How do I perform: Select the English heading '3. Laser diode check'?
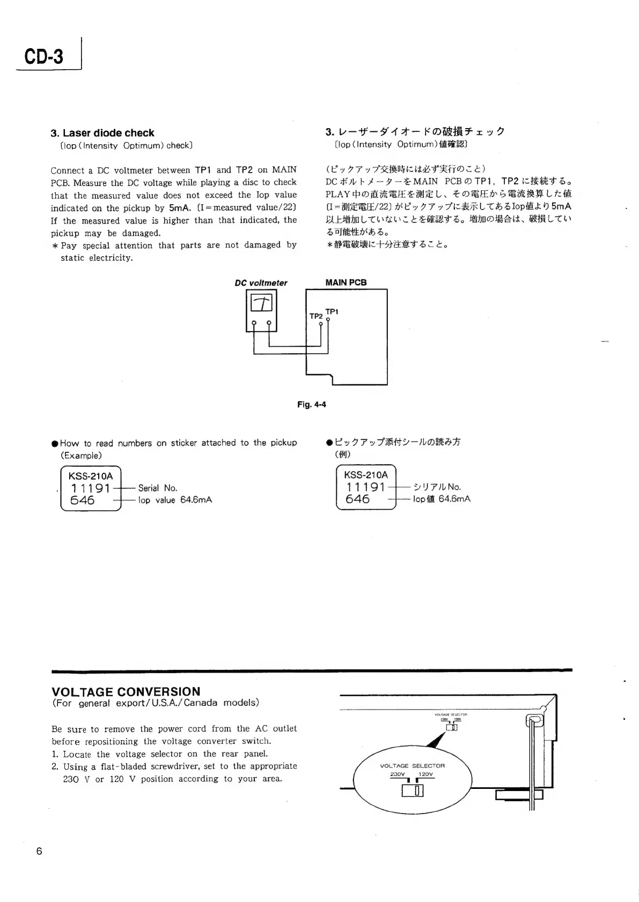pyautogui.click(x=102, y=133)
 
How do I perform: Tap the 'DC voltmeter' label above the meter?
pyautogui.click(x=261, y=283)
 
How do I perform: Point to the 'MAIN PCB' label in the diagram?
pyautogui.click(x=346, y=282)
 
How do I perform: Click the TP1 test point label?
pyautogui.click(x=332, y=311)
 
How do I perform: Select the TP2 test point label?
pyautogui.click(x=316, y=316)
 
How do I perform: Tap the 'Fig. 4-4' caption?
pyautogui.click(x=312, y=405)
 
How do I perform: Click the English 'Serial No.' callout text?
pyautogui.click(x=157, y=488)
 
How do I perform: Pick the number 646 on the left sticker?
pyautogui.click(x=83, y=500)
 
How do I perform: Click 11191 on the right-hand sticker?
pyautogui.click(x=366, y=487)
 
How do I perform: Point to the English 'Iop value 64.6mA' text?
pyautogui.click(x=175, y=500)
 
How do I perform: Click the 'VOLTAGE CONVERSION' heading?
pyautogui.click(x=126, y=691)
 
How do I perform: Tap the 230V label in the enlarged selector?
pyautogui.click(x=398, y=774)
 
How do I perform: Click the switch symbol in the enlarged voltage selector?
pyautogui.click(x=413, y=791)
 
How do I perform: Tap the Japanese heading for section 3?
pyautogui.click(x=415, y=132)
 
